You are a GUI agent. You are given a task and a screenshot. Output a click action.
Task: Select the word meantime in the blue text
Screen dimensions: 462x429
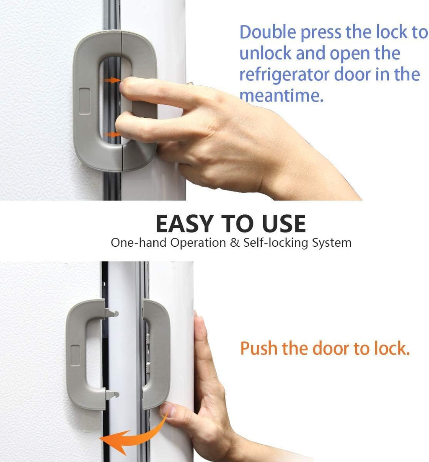(281, 96)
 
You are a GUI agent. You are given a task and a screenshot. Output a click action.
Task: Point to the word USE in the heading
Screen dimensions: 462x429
(284, 224)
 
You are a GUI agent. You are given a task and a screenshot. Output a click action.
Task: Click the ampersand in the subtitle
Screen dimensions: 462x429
(234, 243)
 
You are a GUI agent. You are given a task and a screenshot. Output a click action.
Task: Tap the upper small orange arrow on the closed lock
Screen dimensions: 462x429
(111, 80)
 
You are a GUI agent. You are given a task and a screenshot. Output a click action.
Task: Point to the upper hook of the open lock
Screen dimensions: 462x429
(112, 312)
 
